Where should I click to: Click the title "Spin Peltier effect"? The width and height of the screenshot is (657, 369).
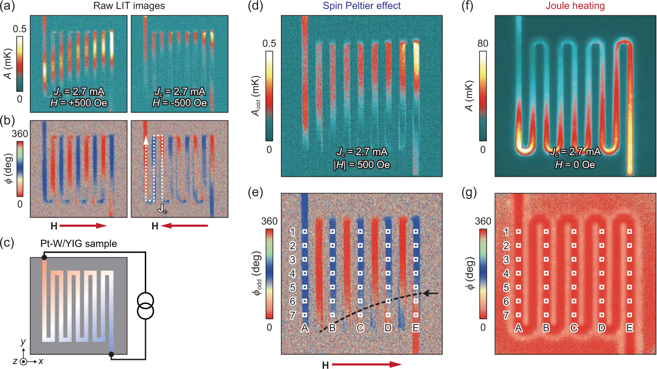pos(361,6)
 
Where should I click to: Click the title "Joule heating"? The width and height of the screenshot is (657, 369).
pos(575,6)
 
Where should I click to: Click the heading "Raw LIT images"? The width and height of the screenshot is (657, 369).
pos(129,6)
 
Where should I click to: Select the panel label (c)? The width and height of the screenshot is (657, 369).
pos(7,243)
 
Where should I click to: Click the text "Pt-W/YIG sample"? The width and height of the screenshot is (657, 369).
pos(78,243)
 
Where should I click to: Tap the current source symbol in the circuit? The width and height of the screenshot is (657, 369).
pos(145,306)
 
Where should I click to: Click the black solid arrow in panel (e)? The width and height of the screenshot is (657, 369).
pos(431,294)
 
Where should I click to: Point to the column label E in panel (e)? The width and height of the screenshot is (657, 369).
pos(416,328)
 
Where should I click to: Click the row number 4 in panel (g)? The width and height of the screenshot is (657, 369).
pos(506,274)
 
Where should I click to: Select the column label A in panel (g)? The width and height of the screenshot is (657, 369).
pos(518,328)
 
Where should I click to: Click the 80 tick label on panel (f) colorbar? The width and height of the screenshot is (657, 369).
pos(483,44)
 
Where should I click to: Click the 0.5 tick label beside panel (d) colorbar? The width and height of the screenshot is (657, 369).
pos(269,44)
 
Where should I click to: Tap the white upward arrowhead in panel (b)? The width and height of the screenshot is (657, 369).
pos(146,140)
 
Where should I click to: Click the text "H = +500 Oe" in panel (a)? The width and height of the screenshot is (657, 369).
pos(79,103)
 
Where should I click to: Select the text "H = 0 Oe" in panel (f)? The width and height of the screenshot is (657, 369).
pos(575,165)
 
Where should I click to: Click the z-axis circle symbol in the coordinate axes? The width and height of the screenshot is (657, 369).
pos(23,362)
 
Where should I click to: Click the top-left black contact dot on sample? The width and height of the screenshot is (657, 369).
pos(44,257)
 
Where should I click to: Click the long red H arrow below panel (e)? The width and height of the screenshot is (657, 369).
pos(367,364)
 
